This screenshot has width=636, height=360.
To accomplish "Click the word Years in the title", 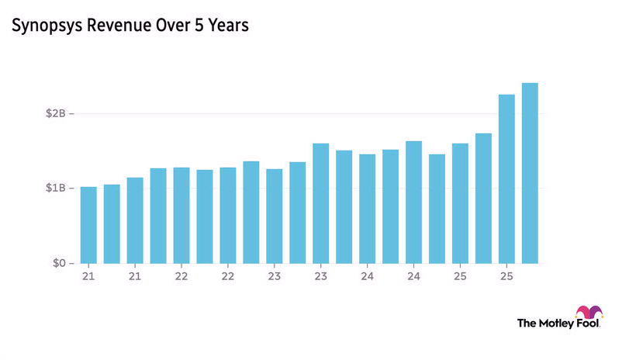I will (x=230, y=26).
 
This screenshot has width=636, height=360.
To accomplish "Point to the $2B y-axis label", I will (x=56, y=114).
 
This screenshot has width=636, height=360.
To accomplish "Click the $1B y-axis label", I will (x=56, y=189).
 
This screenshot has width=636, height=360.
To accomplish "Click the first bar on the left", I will (x=88, y=225).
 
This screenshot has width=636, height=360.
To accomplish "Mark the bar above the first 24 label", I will (x=367, y=209).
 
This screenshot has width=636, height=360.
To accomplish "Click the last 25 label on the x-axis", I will (x=506, y=276).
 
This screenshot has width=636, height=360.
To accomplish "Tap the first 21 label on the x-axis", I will (x=88, y=276).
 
